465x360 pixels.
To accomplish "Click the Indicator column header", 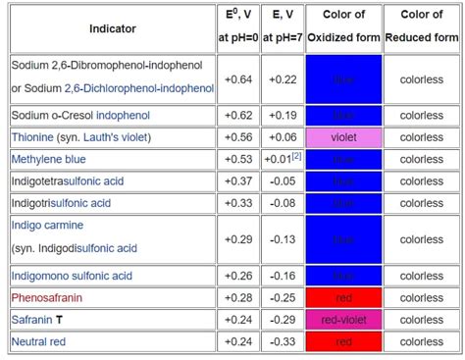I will pos(113,28).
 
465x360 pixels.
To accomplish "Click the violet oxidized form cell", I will pos(343,137).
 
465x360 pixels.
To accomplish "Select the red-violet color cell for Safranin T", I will pos(343,320).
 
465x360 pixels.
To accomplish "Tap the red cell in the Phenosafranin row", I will pos(343,297).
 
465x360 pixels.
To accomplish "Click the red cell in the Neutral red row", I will pos(343,341).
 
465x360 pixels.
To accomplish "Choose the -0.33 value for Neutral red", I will pos(282,341).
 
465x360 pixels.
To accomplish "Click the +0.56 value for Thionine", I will pos(237,137).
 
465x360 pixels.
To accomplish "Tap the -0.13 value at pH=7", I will pos(282,238).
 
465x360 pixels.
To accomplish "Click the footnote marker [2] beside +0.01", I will pos(295,157).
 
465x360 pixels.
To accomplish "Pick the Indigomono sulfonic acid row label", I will pos(72,277).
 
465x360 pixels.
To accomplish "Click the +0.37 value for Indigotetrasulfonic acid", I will pos(237,180).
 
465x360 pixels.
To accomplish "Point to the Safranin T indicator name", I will pos(37,320).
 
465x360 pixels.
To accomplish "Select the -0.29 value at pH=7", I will pos(282,320).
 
